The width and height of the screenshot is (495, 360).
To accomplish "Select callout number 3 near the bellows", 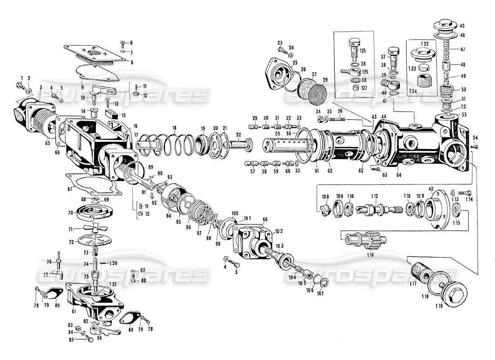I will click(x=40, y=87).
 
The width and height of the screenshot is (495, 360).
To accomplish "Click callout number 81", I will click(x=73, y=310).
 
